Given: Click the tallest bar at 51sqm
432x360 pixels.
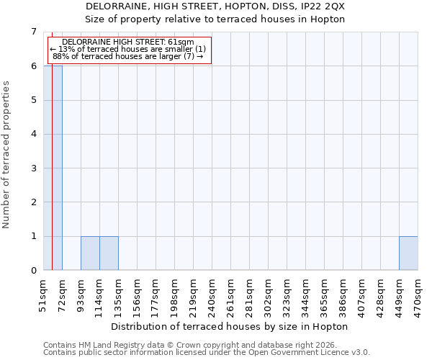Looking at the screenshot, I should [53, 168].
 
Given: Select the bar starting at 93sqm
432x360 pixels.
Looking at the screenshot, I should [90, 253].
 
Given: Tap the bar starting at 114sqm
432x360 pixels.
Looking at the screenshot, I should [109, 253].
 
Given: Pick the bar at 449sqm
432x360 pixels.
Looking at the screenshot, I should [408, 253].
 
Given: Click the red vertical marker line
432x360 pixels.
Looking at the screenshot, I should [52, 180].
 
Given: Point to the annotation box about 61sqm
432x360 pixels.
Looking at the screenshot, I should [129, 50].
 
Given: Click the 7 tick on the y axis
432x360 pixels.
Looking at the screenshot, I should [33, 32].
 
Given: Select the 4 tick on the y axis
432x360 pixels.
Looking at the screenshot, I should [33, 134].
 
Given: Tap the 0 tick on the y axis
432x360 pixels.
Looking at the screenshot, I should [33, 271].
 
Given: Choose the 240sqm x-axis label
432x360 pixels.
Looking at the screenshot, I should [212, 295].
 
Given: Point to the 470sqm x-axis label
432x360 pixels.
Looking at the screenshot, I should [418, 295].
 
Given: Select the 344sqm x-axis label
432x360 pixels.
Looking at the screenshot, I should [306, 295].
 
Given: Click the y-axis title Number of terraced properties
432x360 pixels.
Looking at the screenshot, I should [6, 154].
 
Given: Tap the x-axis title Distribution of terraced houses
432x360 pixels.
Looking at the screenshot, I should [230, 326].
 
